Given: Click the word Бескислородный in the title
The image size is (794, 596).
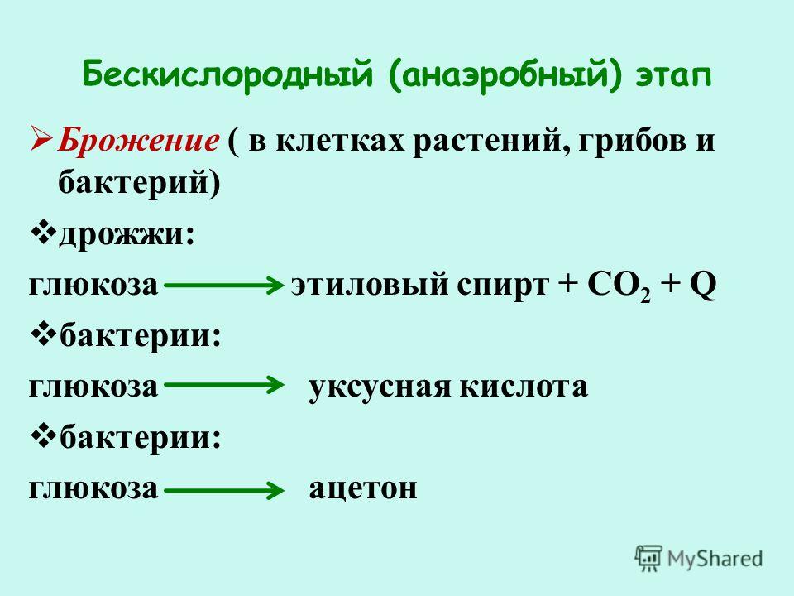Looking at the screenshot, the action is [x=227, y=76].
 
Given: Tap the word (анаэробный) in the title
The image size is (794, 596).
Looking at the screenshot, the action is [x=505, y=76].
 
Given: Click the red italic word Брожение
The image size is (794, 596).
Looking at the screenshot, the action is [x=138, y=140].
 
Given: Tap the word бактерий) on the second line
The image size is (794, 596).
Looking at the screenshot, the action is [x=139, y=183].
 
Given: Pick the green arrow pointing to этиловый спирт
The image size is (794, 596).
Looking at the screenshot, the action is [x=224, y=286].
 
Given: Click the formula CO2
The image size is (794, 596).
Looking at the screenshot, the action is [x=619, y=286].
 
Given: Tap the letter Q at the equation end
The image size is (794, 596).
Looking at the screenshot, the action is [x=702, y=285].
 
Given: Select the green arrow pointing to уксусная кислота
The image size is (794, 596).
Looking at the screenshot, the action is [x=224, y=385].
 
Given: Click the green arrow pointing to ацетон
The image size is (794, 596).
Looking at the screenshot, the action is [x=224, y=490].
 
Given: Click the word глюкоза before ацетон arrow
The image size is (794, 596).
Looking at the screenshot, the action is [x=93, y=488].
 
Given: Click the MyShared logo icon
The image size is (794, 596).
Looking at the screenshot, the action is [x=648, y=559].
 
